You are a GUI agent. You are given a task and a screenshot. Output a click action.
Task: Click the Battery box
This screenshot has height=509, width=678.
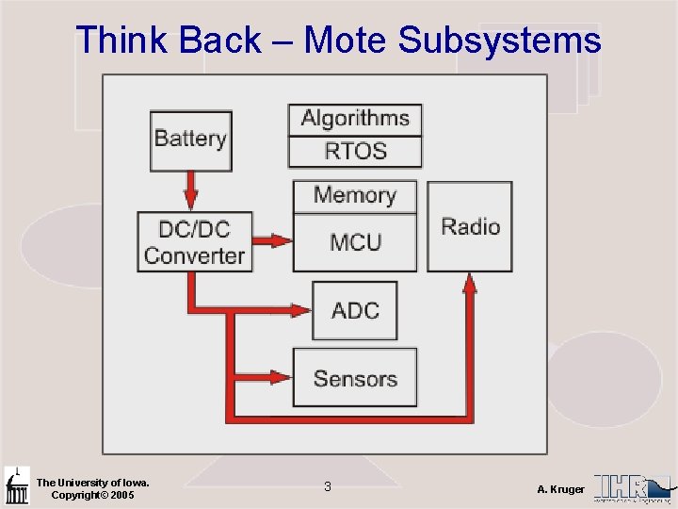click(190, 140)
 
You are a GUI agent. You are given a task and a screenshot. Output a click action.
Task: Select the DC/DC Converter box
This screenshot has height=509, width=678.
click(195, 241)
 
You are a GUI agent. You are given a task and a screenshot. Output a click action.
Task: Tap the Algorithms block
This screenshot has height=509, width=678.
click(355, 120)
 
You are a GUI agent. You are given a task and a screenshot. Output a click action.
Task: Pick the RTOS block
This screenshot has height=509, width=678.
click(355, 151)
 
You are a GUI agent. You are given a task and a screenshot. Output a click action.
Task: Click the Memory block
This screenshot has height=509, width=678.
click(354, 196)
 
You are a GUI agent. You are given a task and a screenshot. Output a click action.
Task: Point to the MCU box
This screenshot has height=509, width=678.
click(355, 242)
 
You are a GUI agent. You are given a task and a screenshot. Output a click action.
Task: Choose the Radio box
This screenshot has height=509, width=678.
click(470, 226)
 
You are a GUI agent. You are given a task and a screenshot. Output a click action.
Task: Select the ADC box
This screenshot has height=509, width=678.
click(355, 310)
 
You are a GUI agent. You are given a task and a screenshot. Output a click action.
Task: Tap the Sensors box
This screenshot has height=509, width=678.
click(355, 378)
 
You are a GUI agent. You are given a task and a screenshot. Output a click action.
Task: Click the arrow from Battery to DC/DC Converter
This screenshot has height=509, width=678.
click(191, 191)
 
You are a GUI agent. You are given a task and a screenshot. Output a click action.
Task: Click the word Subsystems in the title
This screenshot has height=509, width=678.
click(499, 41)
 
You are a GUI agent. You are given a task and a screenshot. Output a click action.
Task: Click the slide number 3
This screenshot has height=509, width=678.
click(327, 486)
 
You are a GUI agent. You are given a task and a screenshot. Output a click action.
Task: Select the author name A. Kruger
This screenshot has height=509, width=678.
click(560, 489)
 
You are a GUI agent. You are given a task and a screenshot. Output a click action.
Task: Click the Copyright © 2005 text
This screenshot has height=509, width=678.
click(92, 495)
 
